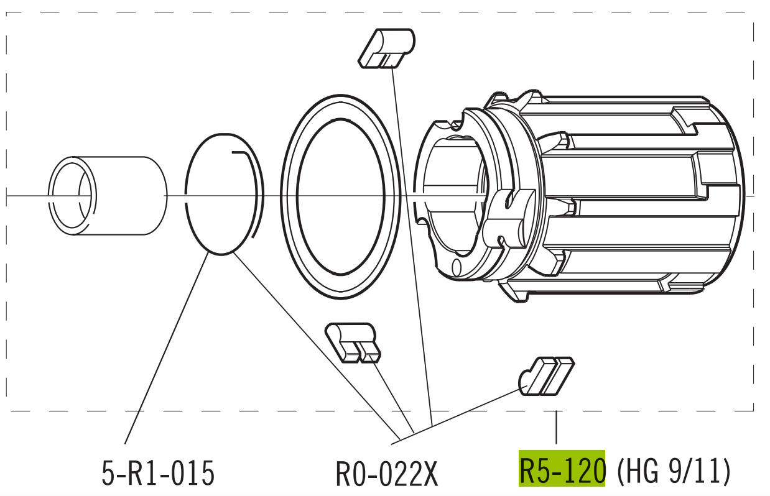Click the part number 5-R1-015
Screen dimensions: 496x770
coord(158,474)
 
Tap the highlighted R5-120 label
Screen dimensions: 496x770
coord(562,470)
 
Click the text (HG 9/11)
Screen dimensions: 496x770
coord(674,471)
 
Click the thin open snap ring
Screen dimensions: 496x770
coord(190,205)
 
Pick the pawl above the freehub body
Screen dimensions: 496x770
coord(386,48)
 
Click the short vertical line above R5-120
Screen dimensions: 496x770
coord(556,428)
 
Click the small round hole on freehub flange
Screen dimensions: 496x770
coord(457,267)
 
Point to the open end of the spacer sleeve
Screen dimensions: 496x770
coord(73,196)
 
